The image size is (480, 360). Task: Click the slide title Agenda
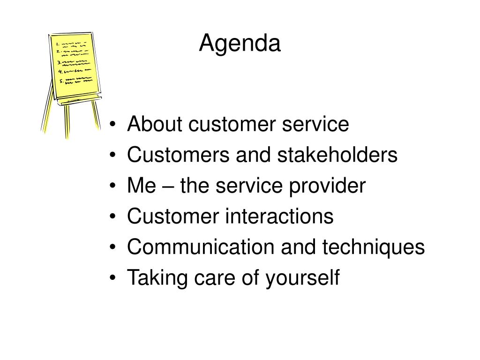(x=240, y=44)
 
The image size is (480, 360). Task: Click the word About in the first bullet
(x=155, y=124)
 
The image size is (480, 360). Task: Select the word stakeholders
(x=337, y=154)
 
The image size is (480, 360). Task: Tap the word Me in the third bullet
(x=142, y=185)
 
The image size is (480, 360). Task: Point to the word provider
(x=327, y=186)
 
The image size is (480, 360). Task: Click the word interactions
(x=279, y=216)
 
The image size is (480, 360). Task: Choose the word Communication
(x=201, y=247)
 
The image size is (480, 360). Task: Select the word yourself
(x=302, y=278)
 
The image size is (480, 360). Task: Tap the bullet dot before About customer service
(x=112, y=124)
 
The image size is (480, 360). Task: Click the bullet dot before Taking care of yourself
(x=112, y=277)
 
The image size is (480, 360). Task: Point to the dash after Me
(x=167, y=187)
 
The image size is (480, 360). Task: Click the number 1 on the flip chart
(x=57, y=45)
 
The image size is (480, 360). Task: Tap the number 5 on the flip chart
(x=61, y=81)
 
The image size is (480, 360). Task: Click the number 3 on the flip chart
(x=59, y=63)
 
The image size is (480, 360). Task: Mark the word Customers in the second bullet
(x=178, y=154)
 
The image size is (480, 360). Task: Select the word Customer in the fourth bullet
(x=173, y=216)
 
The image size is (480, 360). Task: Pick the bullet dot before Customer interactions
(x=112, y=216)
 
